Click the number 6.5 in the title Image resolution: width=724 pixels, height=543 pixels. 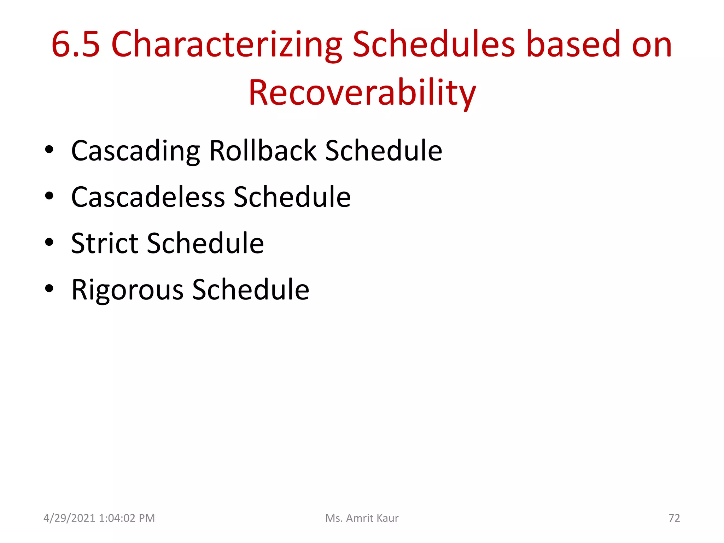(x=76, y=45)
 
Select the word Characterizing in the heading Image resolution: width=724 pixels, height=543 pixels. (x=227, y=45)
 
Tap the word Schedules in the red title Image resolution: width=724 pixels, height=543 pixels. (x=434, y=45)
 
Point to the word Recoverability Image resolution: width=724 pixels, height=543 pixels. (x=362, y=93)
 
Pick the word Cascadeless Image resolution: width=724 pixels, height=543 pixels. (x=148, y=197)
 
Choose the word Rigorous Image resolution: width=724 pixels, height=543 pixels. (x=127, y=290)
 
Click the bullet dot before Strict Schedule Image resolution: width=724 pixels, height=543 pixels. (x=49, y=243)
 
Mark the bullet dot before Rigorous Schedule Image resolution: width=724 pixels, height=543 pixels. (x=49, y=289)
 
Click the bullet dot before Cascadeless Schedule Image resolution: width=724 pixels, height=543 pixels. (x=49, y=196)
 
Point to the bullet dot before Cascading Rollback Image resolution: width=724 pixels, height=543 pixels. (x=49, y=150)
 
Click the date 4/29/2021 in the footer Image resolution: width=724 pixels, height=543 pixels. (x=69, y=518)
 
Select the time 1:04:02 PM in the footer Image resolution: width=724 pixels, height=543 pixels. (x=127, y=518)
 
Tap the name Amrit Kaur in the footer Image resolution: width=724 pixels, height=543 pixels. (x=372, y=518)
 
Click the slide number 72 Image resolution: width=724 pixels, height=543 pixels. (x=674, y=518)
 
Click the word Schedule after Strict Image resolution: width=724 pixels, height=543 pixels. (x=205, y=243)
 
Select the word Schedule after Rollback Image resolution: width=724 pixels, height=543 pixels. (x=384, y=151)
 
